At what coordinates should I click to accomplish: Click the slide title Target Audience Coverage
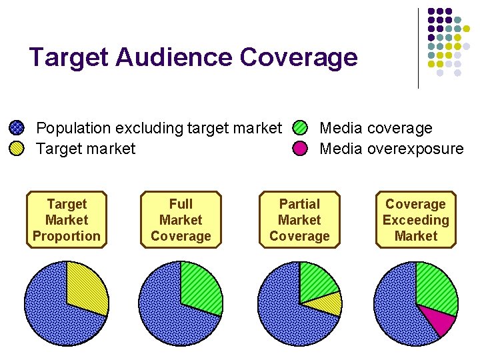pos(193,57)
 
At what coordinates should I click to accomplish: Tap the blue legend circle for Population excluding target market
pos(17,128)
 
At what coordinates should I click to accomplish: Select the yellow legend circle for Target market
pos(17,148)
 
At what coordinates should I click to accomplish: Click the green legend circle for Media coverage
pos(301,128)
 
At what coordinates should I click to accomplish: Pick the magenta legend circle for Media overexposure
pos(301,148)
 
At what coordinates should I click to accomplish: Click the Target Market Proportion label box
pos(67,220)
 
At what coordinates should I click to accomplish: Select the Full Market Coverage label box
pos(181,220)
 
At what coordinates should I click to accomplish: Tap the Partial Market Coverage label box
pos(299,220)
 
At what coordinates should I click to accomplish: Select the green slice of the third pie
pos(316,281)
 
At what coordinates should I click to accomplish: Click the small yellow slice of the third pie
pos(330,305)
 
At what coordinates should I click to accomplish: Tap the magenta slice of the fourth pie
pos(439,320)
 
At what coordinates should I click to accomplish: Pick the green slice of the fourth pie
pos(435,287)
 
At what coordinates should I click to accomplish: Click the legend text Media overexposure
pos(391,149)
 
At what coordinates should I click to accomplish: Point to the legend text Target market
pos(85,149)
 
